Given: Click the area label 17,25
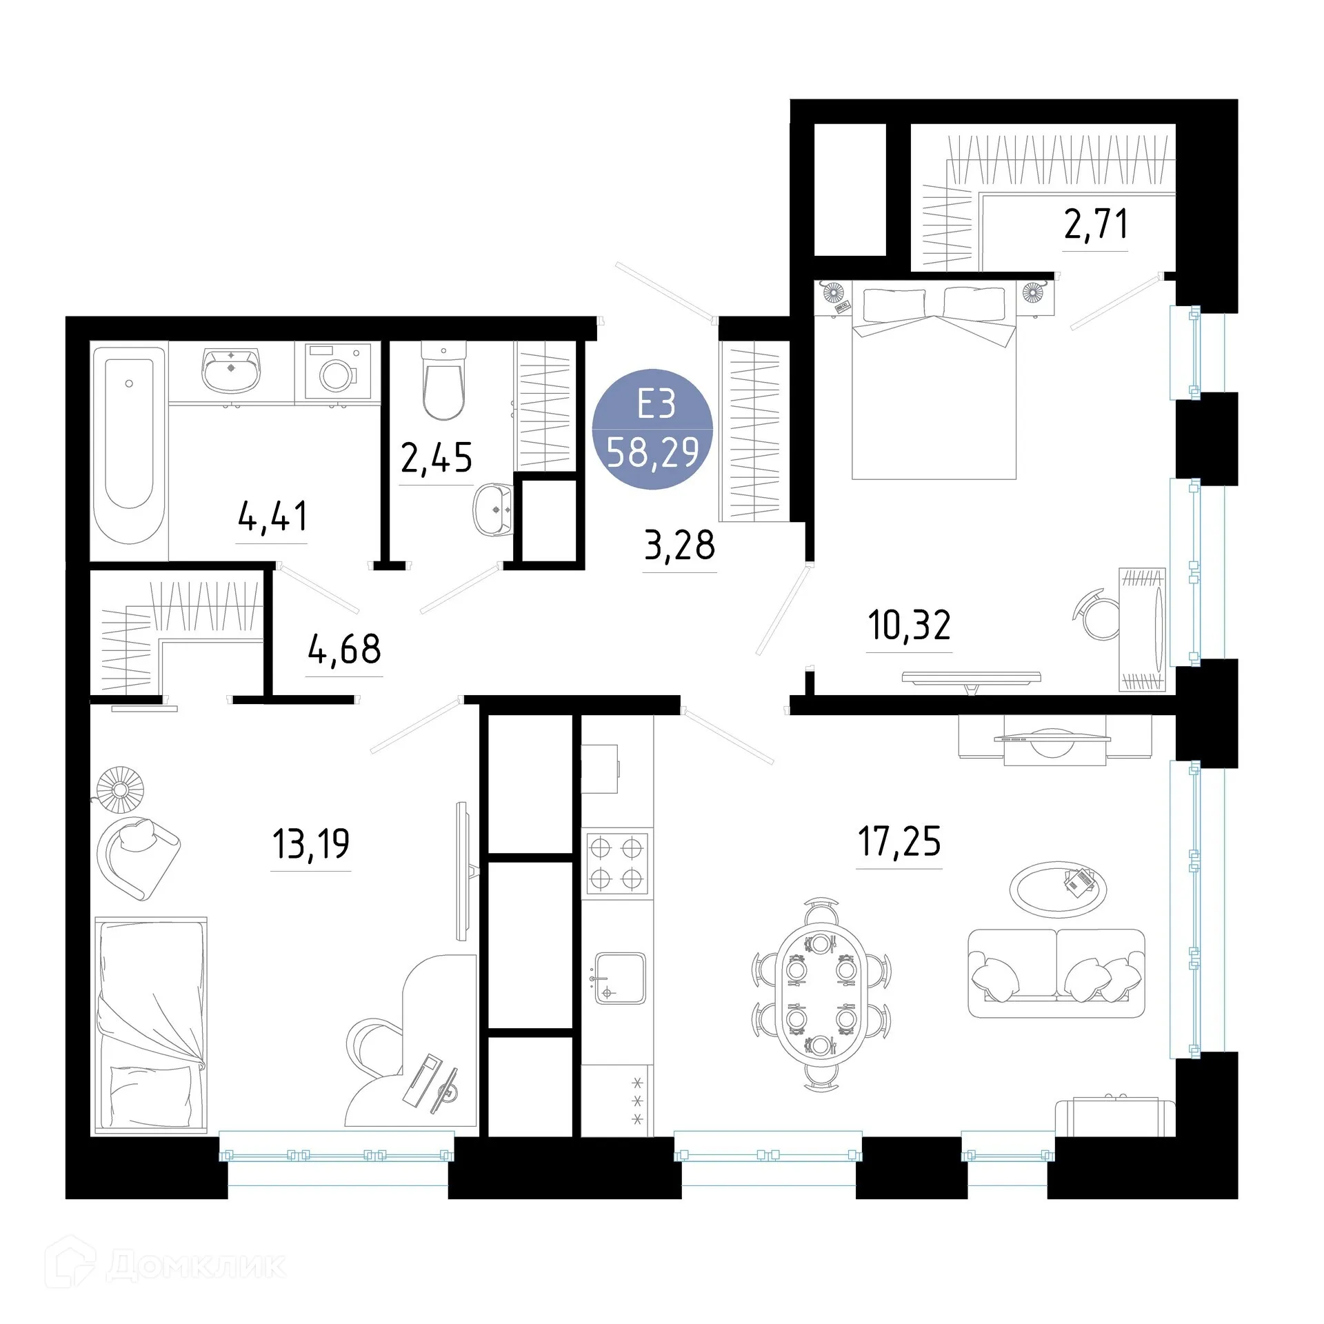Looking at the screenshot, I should [x=899, y=841].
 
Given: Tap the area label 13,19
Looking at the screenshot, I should [x=311, y=843].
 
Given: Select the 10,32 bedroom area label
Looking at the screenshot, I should [x=909, y=625].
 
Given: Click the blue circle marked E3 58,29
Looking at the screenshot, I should [x=652, y=429].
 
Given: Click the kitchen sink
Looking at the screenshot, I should [x=619, y=978].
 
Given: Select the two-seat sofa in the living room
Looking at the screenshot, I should [x=1056, y=973].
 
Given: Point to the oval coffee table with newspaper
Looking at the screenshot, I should [x=1058, y=887].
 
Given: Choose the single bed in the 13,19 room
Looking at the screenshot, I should [x=150, y=1025].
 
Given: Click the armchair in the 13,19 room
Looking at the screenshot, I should [x=139, y=856].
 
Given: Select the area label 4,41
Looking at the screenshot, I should [x=272, y=516].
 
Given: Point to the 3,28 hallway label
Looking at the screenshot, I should [x=679, y=545].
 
